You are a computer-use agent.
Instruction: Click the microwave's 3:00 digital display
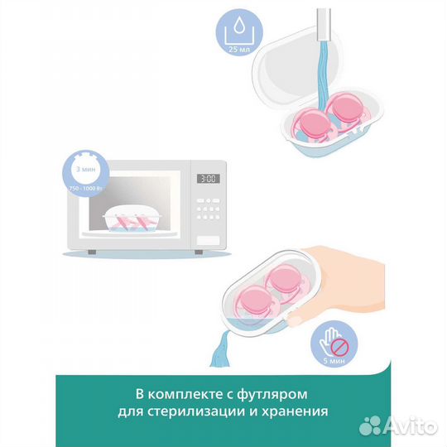(x=206, y=178)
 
